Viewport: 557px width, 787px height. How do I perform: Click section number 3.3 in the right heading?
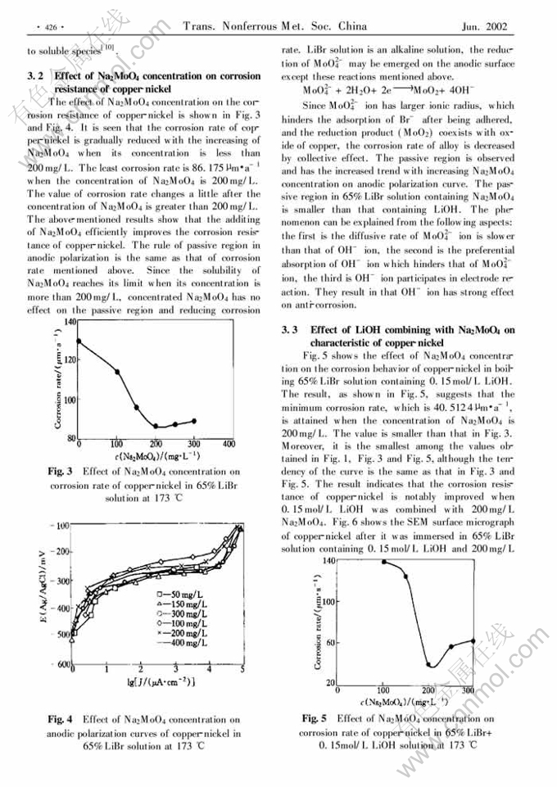pos(290,330)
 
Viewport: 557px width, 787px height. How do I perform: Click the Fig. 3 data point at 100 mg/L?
pos(117,371)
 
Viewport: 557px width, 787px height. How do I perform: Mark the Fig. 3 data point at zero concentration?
pos(79,341)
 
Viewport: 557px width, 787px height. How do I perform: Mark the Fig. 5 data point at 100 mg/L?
pos(384,562)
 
